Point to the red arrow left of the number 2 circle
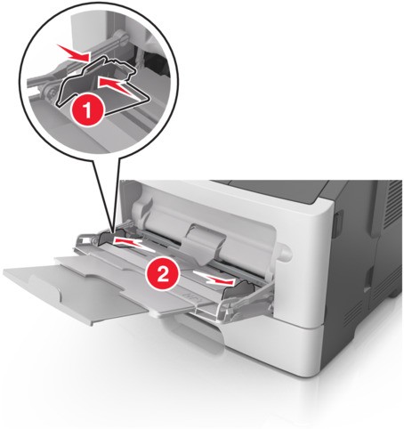coord(131,240)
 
